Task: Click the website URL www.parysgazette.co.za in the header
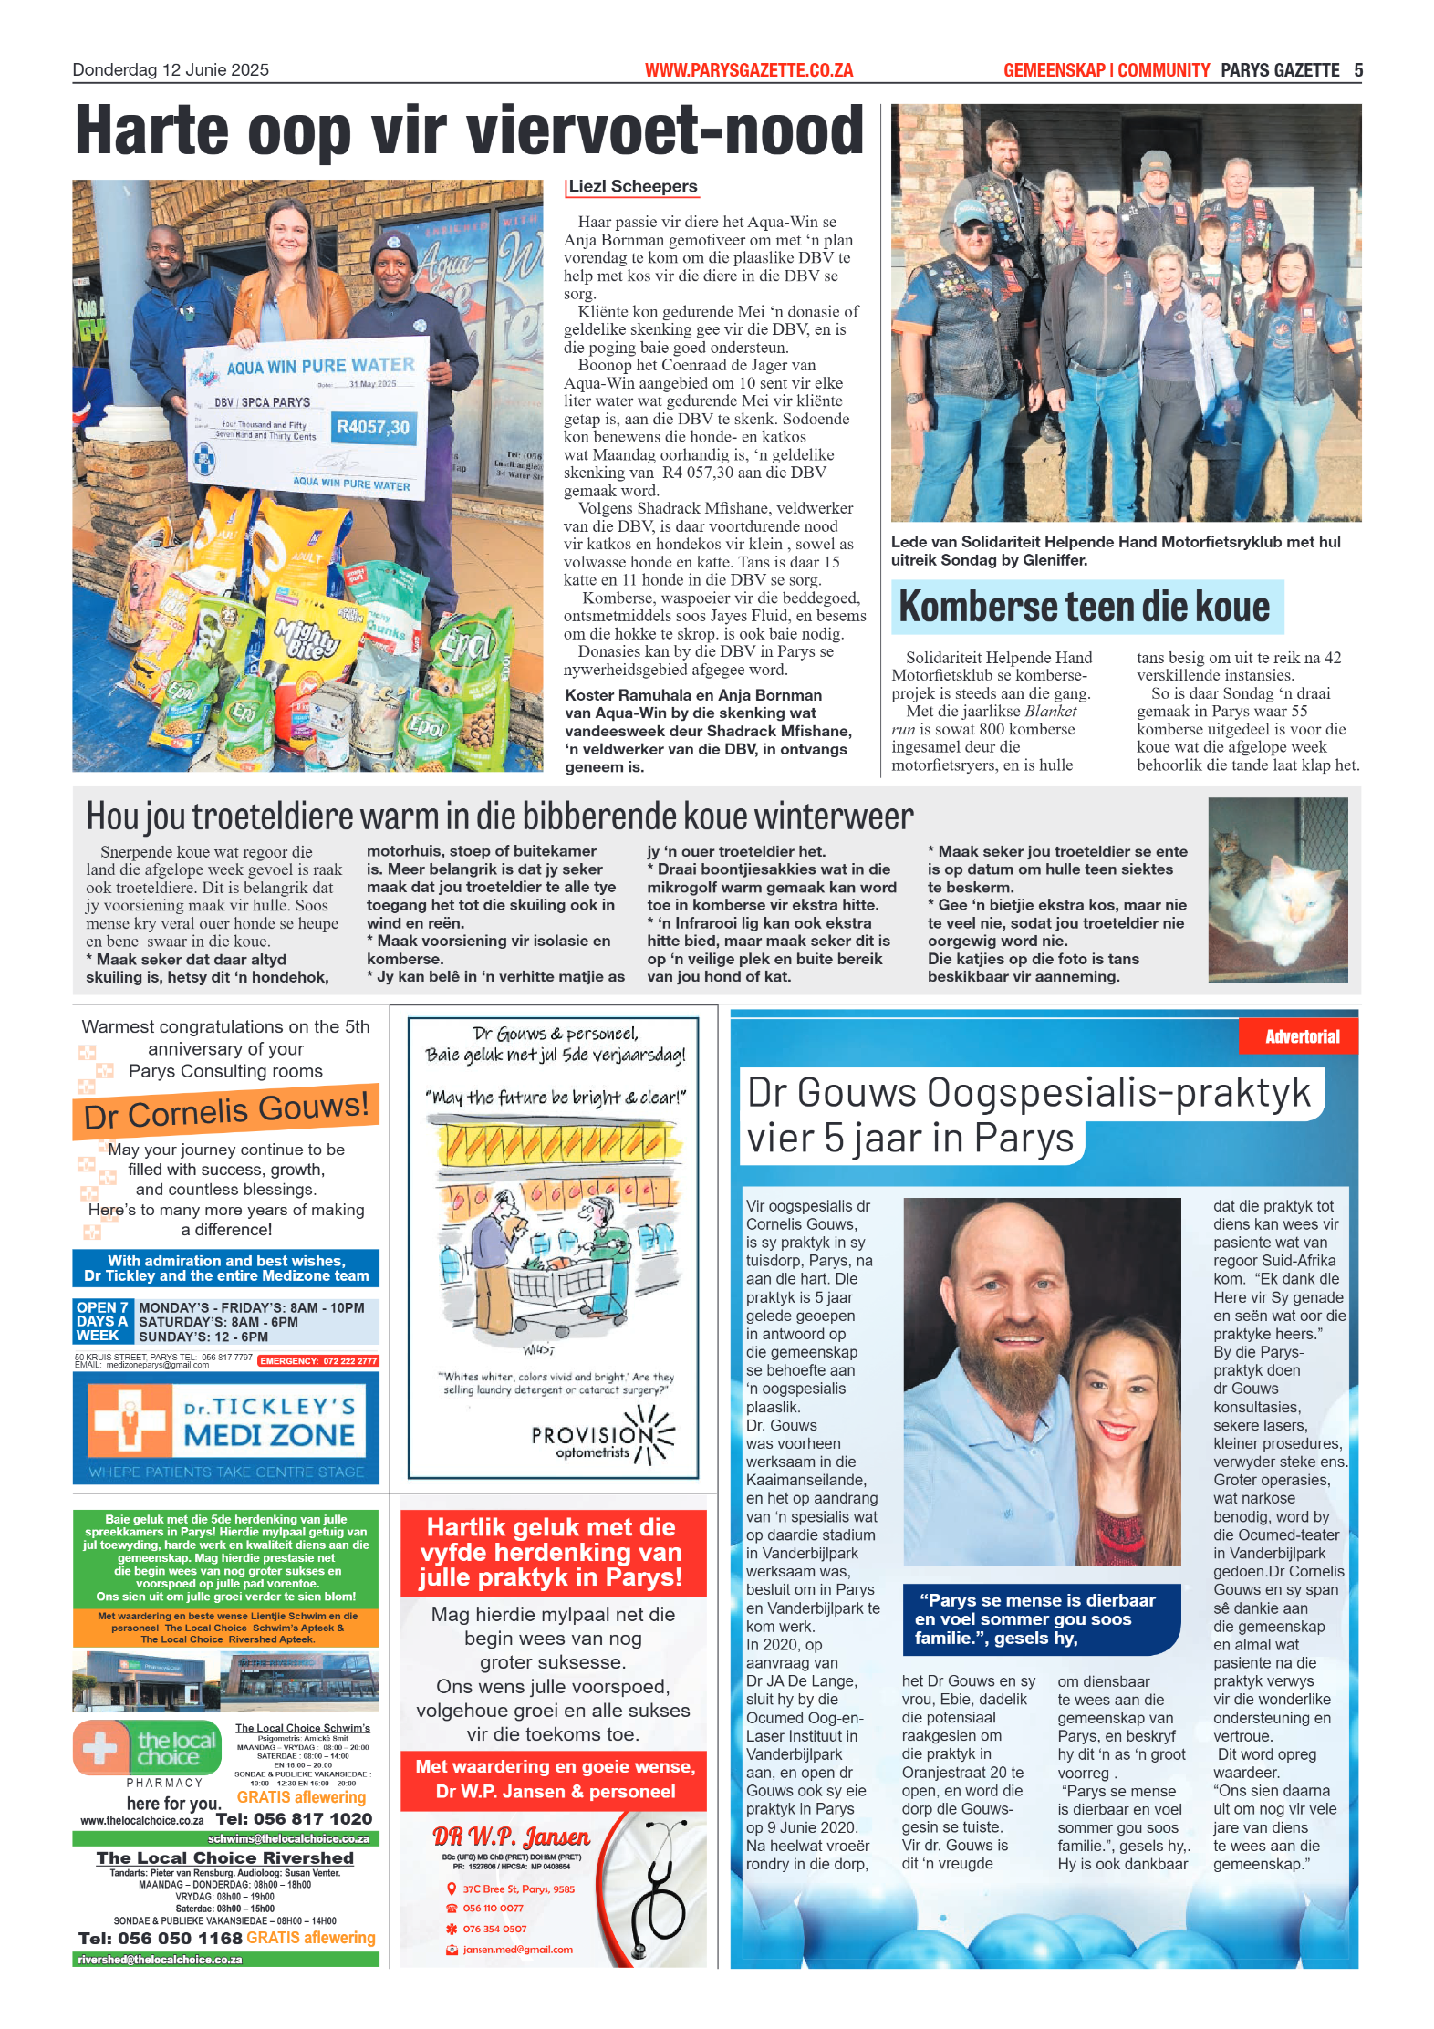(x=748, y=70)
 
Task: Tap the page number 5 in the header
(x=1357, y=70)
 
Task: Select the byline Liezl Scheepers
(x=632, y=187)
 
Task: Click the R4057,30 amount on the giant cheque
(x=372, y=427)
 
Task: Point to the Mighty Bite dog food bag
(x=307, y=637)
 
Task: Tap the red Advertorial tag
(x=1301, y=1036)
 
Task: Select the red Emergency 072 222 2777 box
(x=317, y=1360)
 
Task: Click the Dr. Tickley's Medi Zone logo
(x=225, y=1421)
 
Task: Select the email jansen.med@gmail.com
(x=517, y=1950)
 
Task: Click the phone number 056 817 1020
(x=294, y=1818)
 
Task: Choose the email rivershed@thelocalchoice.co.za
(x=161, y=1960)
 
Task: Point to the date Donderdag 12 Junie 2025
(x=171, y=70)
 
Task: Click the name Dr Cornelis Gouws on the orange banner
(x=225, y=1111)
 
